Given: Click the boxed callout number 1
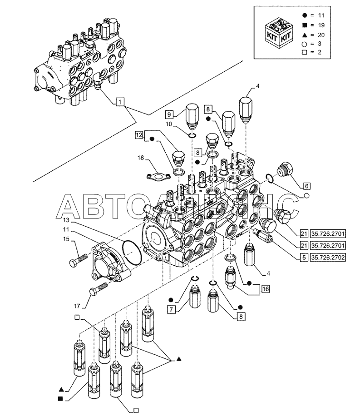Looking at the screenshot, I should pyautogui.click(x=119, y=102).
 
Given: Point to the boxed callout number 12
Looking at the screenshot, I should pyautogui.click(x=139, y=135).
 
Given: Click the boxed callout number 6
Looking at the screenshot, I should pyautogui.click(x=306, y=186).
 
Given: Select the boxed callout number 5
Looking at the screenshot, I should pyautogui.click(x=303, y=258).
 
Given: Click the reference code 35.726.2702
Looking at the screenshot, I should pyautogui.click(x=328, y=258).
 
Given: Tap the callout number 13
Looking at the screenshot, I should pyautogui.click(x=66, y=219).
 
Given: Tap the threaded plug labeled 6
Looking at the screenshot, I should pyautogui.click(x=286, y=169).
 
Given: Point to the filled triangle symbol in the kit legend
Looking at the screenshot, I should pyautogui.click(x=303, y=35).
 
